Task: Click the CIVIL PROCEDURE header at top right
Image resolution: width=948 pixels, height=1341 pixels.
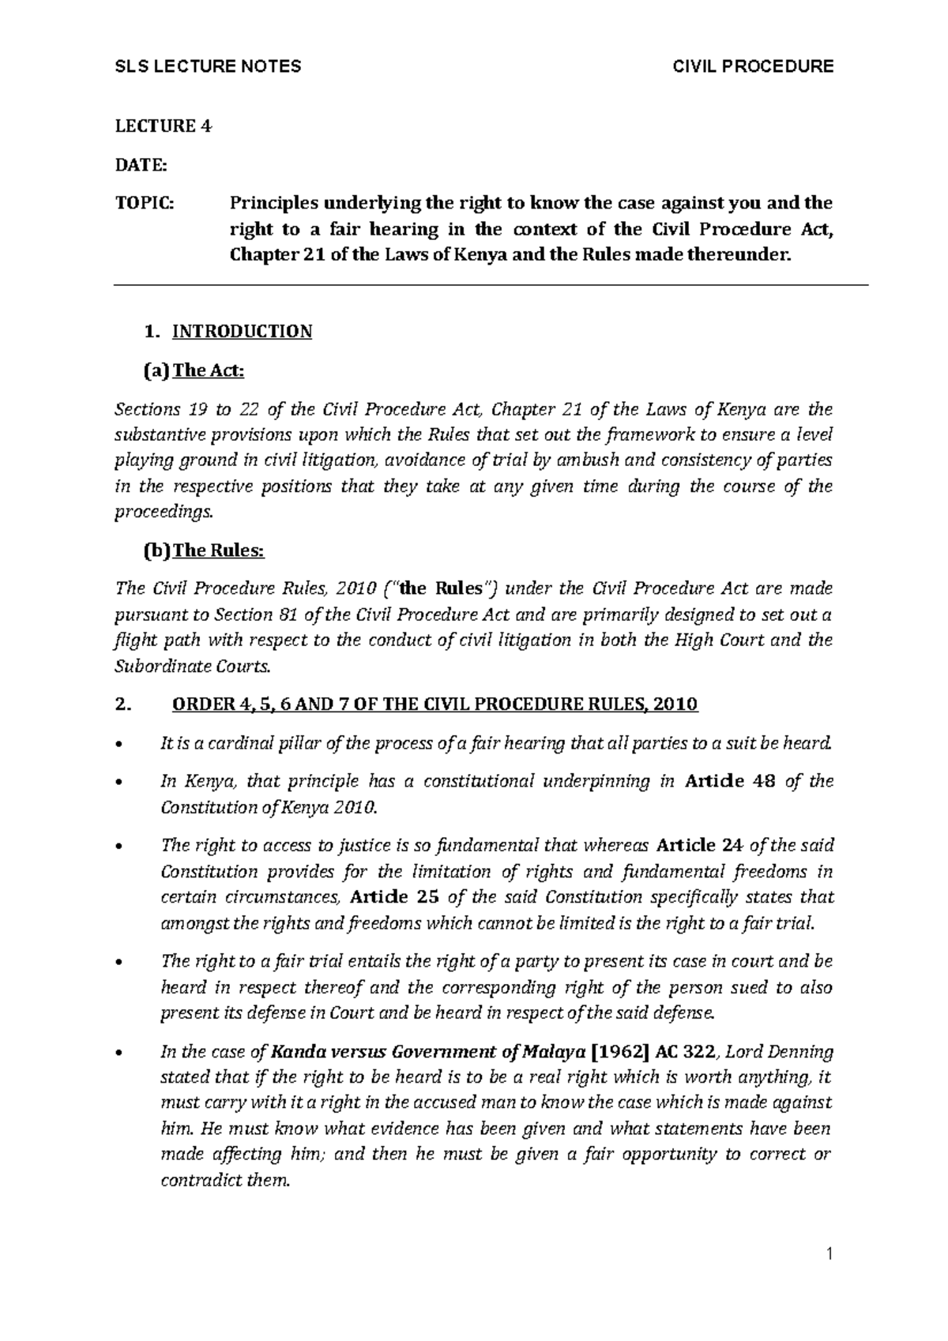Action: [x=752, y=66]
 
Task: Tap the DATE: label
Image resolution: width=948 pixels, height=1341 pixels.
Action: [x=141, y=165]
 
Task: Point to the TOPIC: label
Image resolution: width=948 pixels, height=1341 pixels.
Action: [x=142, y=204]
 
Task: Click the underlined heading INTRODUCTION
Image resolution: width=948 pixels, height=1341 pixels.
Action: [x=242, y=332]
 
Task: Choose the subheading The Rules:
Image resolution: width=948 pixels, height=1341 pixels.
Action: [x=218, y=550]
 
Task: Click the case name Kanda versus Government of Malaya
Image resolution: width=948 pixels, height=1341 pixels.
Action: [x=427, y=1052]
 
